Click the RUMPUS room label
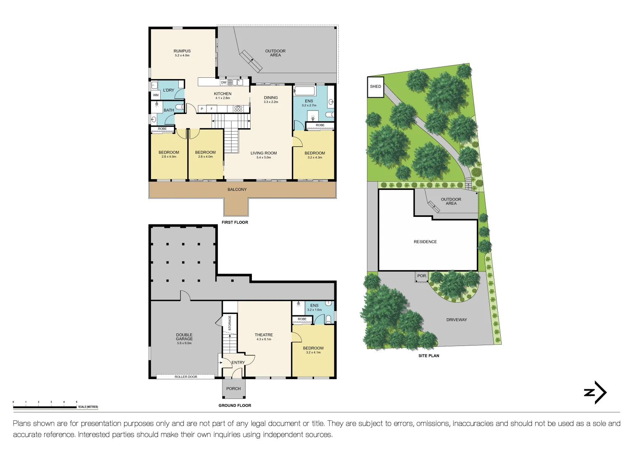[182, 51]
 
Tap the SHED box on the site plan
[375, 87]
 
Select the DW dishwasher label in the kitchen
[224, 83]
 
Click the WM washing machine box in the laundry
[156, 95]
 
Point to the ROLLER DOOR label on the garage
[186, 377]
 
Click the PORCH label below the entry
[233, 389]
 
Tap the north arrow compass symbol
[595, 393]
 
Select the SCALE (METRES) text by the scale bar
[88, 407]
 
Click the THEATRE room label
[264, 335]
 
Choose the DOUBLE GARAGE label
[184, 337]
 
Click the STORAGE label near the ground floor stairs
[230, 322]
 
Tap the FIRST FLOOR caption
[235, 222]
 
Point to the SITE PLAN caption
[428, 356]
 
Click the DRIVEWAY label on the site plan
[457, 320]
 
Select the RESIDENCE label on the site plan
[425, 242]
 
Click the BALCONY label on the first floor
[237, 190]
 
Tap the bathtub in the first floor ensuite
[304, 91]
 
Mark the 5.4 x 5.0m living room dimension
[264, 158]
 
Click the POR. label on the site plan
[422, 276]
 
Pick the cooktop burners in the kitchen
[238, 108]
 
